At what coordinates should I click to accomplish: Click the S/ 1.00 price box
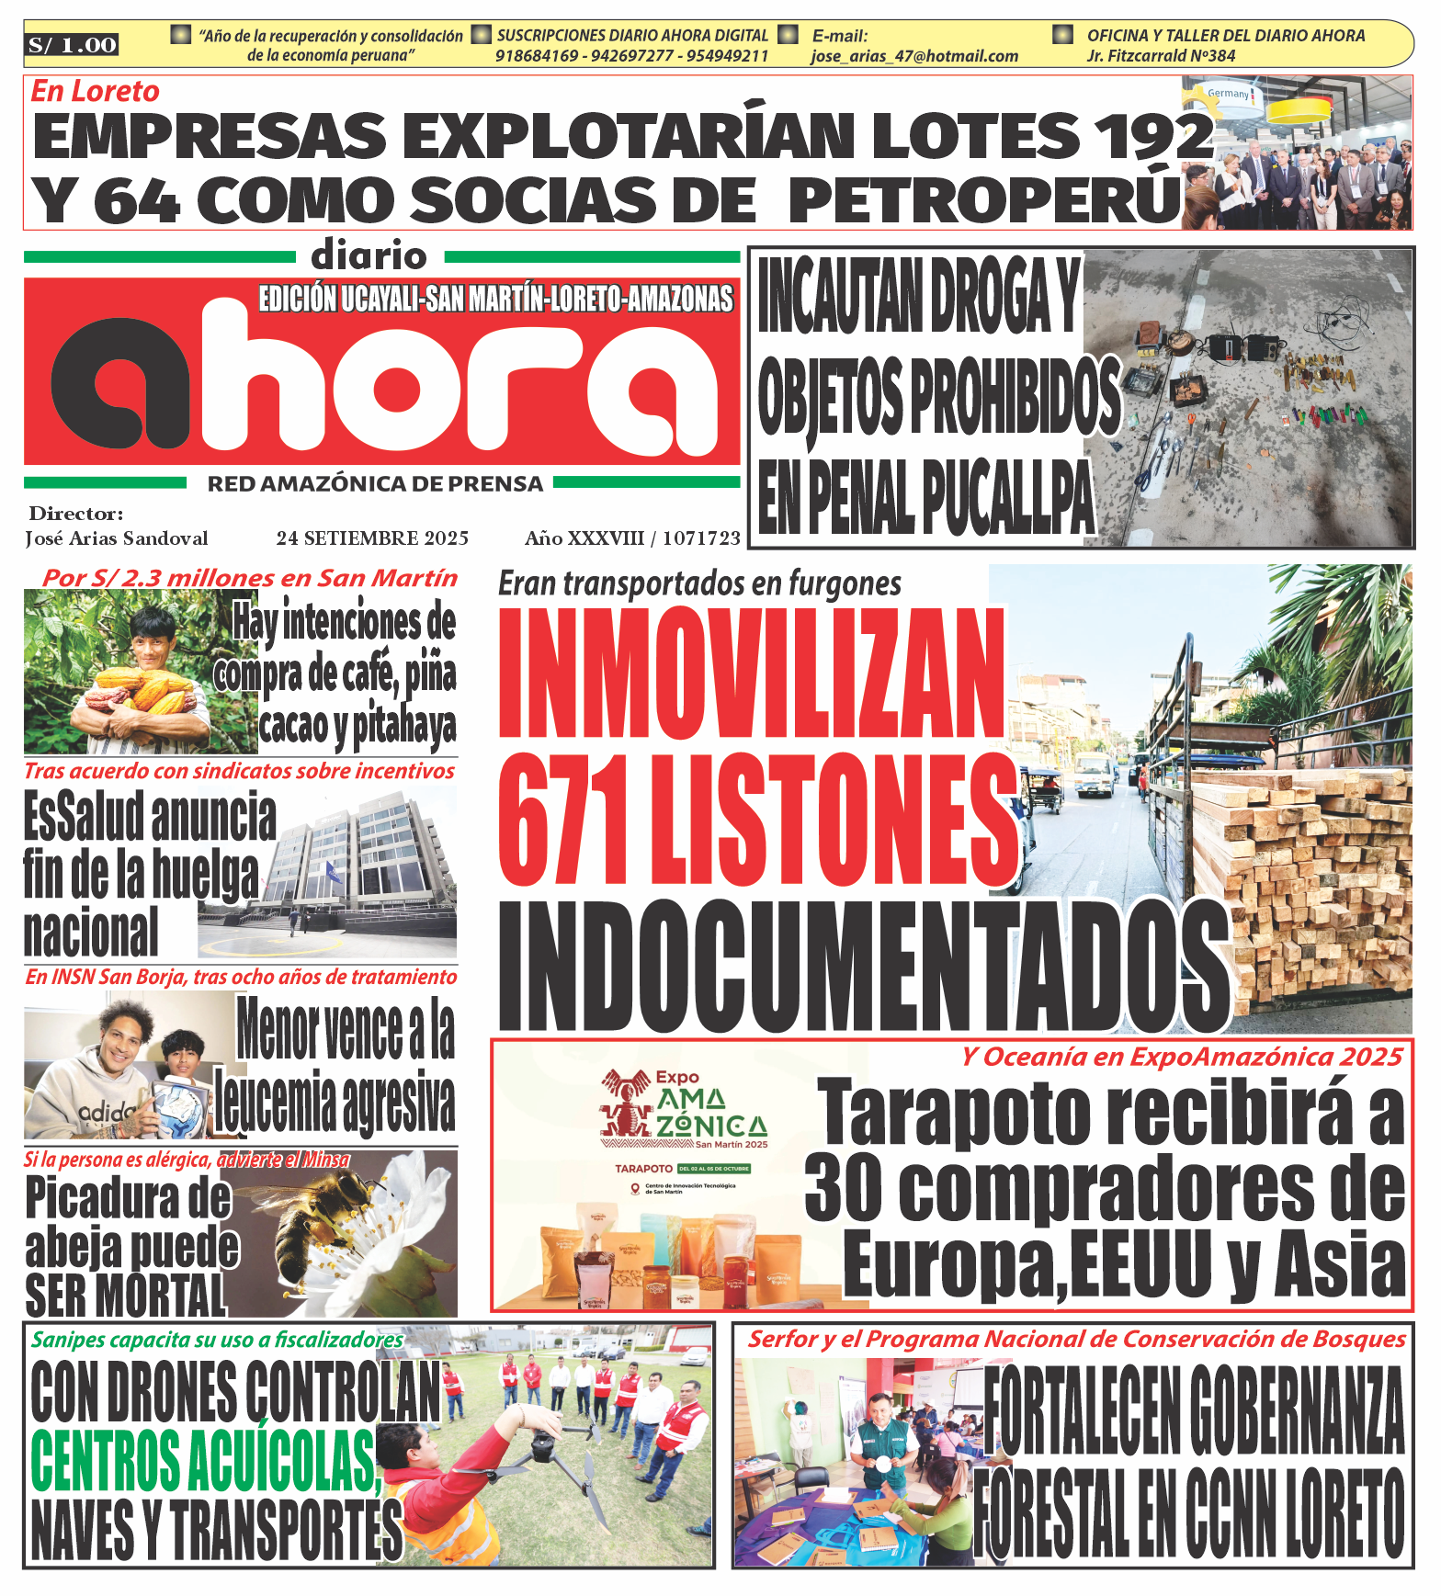point(73,45)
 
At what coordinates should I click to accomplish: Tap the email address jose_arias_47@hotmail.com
point(913,56)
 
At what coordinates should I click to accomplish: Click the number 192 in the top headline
point(1153,136)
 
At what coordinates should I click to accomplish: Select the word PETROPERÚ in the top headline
point(984,199)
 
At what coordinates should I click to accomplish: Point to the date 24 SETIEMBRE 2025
point(372,538)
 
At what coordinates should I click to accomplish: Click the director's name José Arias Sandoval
point(117,538)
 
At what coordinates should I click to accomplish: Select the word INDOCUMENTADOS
point(862,967)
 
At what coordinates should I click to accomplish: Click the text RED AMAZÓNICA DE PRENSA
point(375,484)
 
